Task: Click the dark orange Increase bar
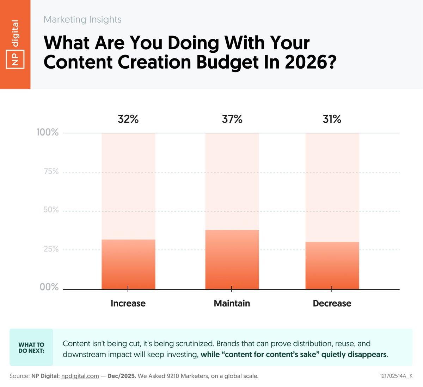pyautogui.click(x=128, y=265)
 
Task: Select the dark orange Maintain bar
pyautogui.click(x=232, y=260)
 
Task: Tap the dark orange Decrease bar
pyautogui.click(x=332, y=266)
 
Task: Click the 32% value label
pyautogui.click(x=128, y=119)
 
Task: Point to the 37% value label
pyautogui.click(x=232, y=119)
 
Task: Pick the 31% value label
pyautogui.click(x=332, y=119)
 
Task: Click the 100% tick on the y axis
pyautogui.click(x=48, y=133)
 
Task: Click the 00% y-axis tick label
pyautogui.click(x=49, y=287)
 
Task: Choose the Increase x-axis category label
pyautogui.click(x=128, y=303)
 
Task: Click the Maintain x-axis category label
pyautogui.click(x=232, y=303)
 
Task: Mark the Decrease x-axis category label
pyautogui.click(x=332, y=303)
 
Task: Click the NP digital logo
pyautogui.click(x=15, y=44)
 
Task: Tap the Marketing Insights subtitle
pyautogui.click(x=82, y=19)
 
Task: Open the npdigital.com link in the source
pyautogui.click(x=80, y=376)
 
